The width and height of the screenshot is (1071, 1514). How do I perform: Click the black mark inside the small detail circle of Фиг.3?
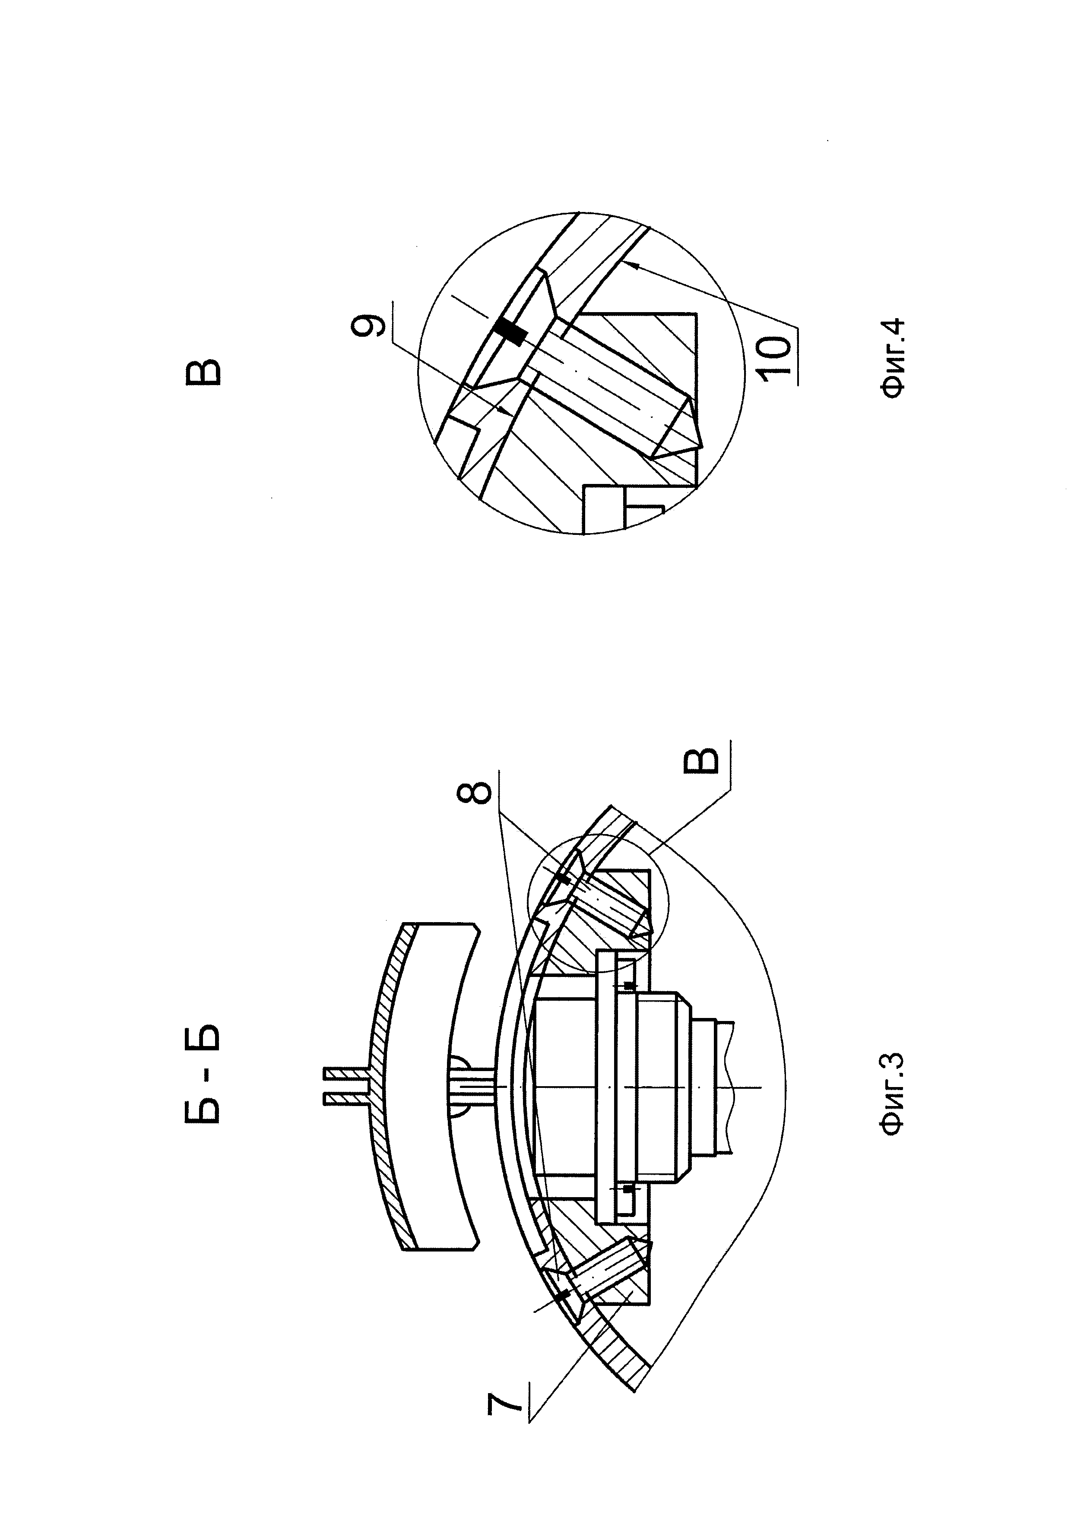point(564,879)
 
